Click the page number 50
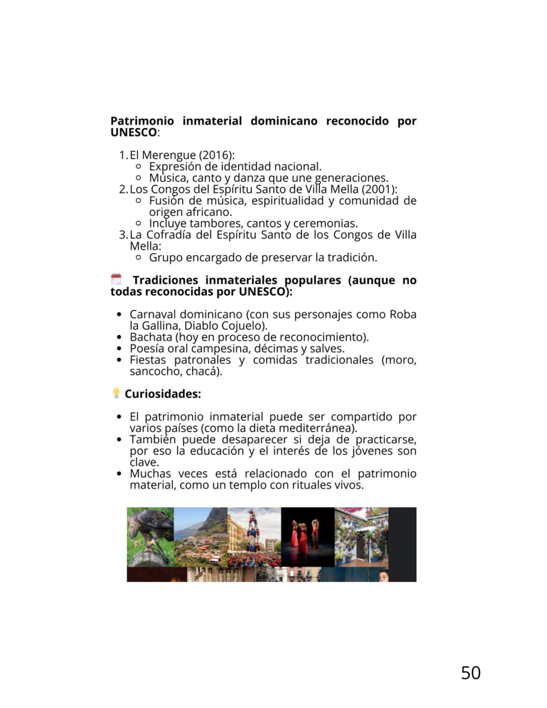[x=470, y=673]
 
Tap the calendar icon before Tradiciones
[x=116, y=280]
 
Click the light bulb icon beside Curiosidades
[x=116, y=393]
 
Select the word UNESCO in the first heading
[x=133, y=132]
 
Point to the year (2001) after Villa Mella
[x=378, y=189]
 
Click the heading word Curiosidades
[x=163, y=394]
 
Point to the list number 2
[x=123, y=189]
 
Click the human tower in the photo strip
[x=253, y=536]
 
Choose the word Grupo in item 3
[x=166, y=258]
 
